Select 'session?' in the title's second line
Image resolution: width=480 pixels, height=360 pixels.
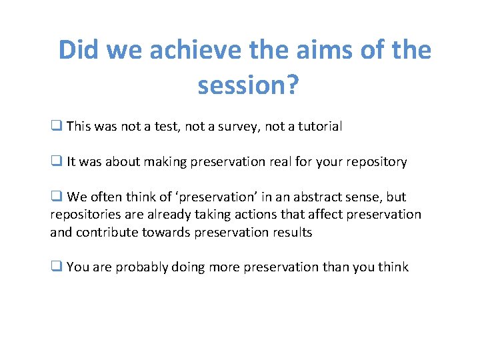tap(247, 85)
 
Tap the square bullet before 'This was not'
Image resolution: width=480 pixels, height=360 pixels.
tap(56, 126)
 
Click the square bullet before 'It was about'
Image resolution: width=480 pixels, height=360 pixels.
tap(56, 161)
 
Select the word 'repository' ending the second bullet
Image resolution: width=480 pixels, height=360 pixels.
tap(377, 161)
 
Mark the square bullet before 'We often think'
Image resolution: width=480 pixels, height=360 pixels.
tap(56, 197)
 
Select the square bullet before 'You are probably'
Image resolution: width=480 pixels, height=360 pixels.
tap(56, 267)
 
